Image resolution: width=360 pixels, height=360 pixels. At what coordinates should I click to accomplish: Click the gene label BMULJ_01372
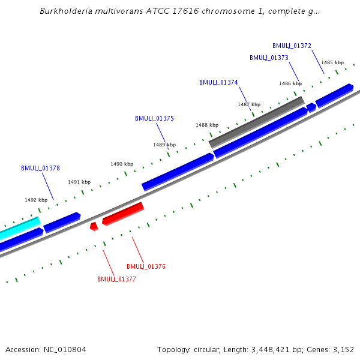tap(292, 46)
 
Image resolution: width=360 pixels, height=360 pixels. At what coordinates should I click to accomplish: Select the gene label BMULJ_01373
tap(269, 58)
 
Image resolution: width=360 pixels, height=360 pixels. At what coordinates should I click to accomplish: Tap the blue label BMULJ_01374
tap(218, 82)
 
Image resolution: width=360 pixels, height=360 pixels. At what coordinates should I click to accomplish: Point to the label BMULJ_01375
tap(154, 118)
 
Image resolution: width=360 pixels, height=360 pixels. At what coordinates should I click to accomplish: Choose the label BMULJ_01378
tap(40, 168)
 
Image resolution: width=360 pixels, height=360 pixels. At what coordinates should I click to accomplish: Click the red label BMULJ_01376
tap(146, 266)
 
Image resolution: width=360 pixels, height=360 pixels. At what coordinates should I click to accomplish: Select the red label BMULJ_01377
tap(116, 279)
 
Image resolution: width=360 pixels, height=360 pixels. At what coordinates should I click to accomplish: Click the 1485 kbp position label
tap(332, 62)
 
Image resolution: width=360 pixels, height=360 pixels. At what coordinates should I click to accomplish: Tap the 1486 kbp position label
tap(290, 83)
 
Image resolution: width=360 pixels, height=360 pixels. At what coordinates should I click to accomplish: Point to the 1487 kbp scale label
tap(249, 104)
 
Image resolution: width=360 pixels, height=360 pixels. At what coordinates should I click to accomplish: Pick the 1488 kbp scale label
tap(207, 125)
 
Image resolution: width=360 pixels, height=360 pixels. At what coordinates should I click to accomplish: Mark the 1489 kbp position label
tap(164, 145)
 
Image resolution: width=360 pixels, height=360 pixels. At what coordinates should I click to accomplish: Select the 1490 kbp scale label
tap(122, 164)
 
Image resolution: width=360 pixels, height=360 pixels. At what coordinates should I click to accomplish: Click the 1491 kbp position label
tap(79, 182)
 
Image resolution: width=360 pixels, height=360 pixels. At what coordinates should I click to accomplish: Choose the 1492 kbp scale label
tap(36, 200)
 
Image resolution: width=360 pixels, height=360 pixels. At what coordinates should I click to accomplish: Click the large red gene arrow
tap(123, 214)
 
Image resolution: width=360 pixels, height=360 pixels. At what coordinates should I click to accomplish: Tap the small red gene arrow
tap(94, 226)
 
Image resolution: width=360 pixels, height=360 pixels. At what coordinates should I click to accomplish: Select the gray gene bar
tap(257, 122)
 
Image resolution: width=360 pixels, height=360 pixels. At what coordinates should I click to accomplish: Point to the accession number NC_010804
tap(46, 349)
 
